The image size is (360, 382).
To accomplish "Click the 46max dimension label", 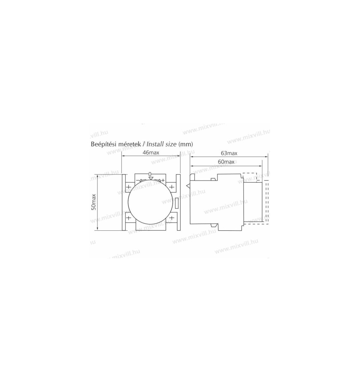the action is point(151,153).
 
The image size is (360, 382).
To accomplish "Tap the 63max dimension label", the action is point(229,153).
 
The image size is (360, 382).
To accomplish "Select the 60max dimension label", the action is point(226,162).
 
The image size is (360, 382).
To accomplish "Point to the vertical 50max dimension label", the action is point(94,202).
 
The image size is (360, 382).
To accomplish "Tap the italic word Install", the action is point(155,144).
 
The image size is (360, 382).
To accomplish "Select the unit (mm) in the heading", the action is point(186,144).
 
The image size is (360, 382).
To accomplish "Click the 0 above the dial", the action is point(150,174).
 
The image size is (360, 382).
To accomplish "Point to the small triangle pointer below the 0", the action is point(151,178).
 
